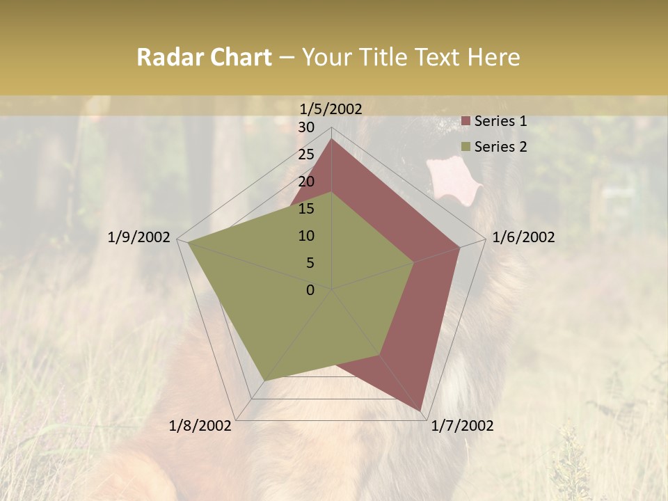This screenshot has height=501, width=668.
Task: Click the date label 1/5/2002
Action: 331,109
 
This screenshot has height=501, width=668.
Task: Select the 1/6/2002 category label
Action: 523,237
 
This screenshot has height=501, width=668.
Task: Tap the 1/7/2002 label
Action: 462,425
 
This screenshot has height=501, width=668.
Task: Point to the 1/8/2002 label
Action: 200,425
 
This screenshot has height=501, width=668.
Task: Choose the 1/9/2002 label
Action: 139,237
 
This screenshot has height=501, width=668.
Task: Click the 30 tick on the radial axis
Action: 306,127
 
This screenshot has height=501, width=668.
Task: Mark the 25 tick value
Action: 306,154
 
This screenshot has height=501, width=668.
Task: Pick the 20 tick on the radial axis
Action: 306,182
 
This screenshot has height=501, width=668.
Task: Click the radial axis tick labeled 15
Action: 306,209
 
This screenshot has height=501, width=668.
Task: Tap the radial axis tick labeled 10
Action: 306,236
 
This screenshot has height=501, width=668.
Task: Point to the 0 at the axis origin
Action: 310,290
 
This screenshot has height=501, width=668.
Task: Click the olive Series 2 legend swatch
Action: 466,147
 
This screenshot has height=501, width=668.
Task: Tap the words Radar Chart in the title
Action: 204,57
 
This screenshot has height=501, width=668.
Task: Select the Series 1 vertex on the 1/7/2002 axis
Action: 420,411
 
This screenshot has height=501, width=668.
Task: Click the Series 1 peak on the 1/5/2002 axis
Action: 331,138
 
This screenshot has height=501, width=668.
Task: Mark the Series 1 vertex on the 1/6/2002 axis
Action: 459,247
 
